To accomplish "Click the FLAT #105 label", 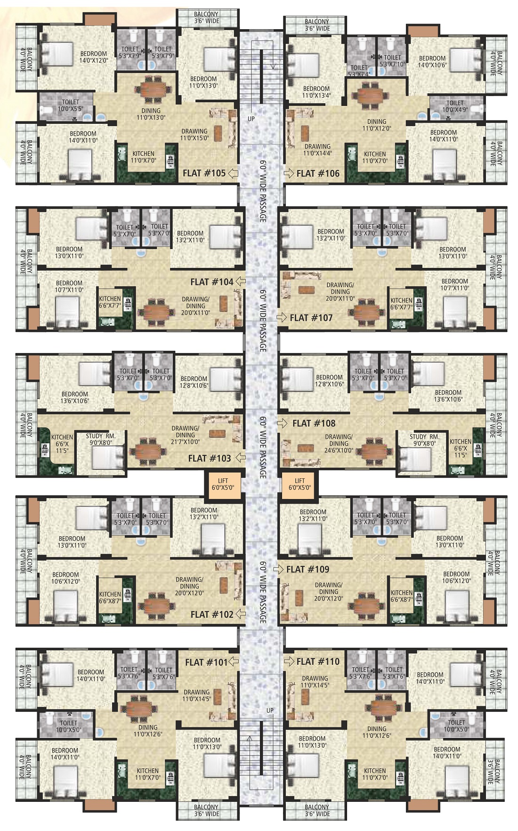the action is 204,173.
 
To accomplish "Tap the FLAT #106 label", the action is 318,173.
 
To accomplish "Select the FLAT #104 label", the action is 212,282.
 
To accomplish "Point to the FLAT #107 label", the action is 311,318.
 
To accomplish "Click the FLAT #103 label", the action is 210,458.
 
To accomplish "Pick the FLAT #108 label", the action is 314,423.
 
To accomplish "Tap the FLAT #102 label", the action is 212,614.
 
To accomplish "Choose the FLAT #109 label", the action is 308,569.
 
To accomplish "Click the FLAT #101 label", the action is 206,662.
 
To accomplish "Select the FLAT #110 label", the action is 318,662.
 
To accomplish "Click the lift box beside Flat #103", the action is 223,484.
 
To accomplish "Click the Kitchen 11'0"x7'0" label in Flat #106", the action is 375,157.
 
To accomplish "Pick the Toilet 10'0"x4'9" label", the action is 454,106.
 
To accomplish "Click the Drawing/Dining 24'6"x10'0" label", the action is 339,444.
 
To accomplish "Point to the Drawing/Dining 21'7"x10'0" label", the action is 186,435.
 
